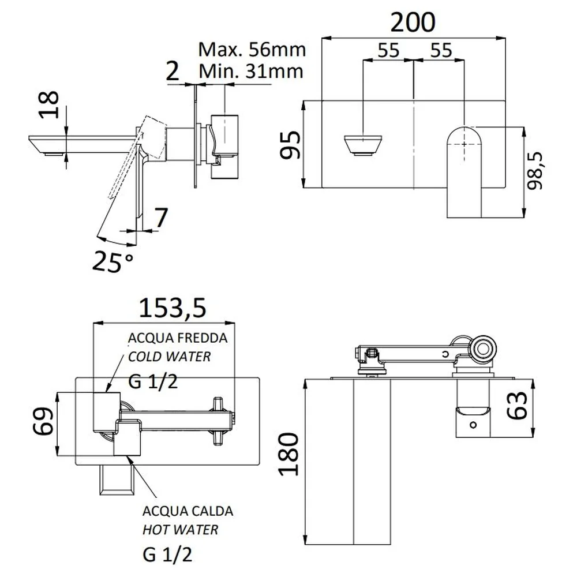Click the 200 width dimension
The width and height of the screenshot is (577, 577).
[x=413, y=23]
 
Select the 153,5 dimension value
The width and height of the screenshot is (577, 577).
[x=172, y=308]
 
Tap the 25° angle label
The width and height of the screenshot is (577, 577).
[x=113, y=261]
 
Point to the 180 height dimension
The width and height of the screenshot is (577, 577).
[x=289, y=454]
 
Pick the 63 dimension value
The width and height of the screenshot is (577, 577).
[x=518, y=406]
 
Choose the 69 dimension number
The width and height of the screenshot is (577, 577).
[x=43, y=421]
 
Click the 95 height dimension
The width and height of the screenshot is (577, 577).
[x=290, y=145]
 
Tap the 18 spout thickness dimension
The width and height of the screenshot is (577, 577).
[x=49, y=104]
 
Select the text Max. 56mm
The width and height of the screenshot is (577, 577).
[x=252, y=50]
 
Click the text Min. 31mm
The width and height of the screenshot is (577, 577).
[x=251, y=72]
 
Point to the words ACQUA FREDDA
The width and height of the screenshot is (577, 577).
[x=178, y=338]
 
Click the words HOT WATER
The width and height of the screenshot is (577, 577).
[x=180, y=530]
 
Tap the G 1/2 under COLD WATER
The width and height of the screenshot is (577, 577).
[x=153, y=381]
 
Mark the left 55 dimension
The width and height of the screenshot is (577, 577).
[x=388, y=50]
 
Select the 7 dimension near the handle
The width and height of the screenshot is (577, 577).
[x=161, y=218]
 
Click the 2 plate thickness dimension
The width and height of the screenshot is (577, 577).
[x=172, y=71]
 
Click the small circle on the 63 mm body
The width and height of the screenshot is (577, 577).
[x=473, y=425]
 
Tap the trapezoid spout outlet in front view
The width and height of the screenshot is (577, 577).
[x=363, y=146]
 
